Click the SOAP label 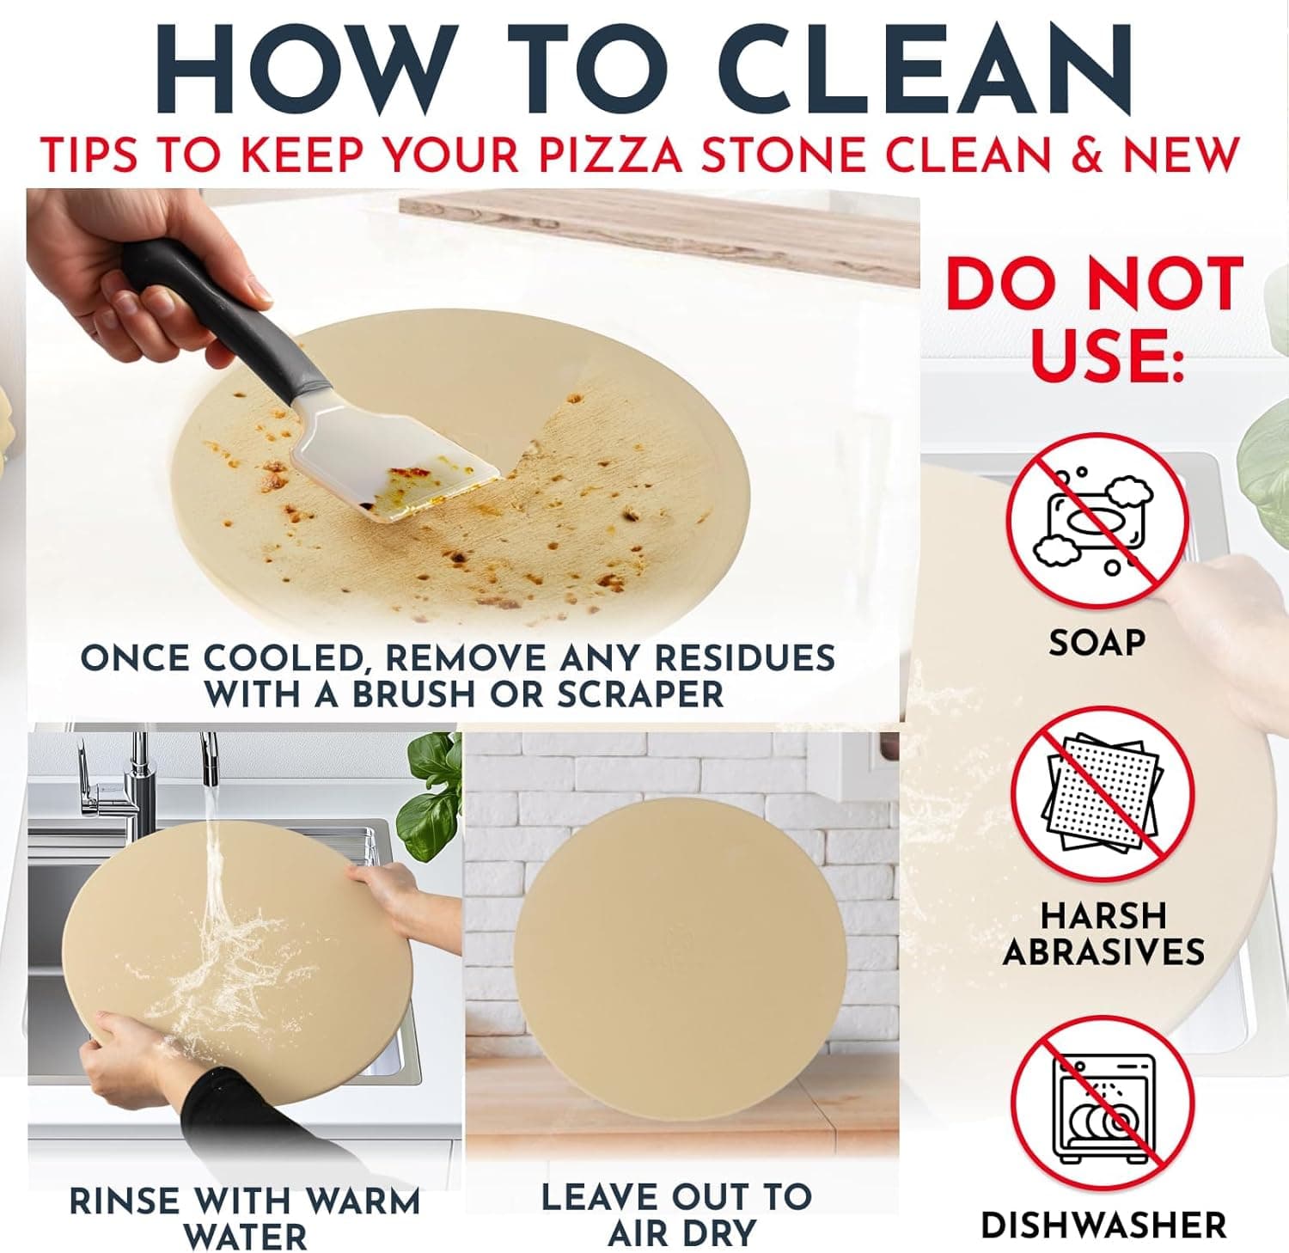pyautogui.click(x=1097, y=642)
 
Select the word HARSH pyautogui.click(x=1103, y=915)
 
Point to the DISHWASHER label pyautogui.click(x=1103, y=1225)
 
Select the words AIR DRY pyautogui.click(x=682, y=1233)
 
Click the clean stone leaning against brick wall pyautogui.click(x=679, y=945)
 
